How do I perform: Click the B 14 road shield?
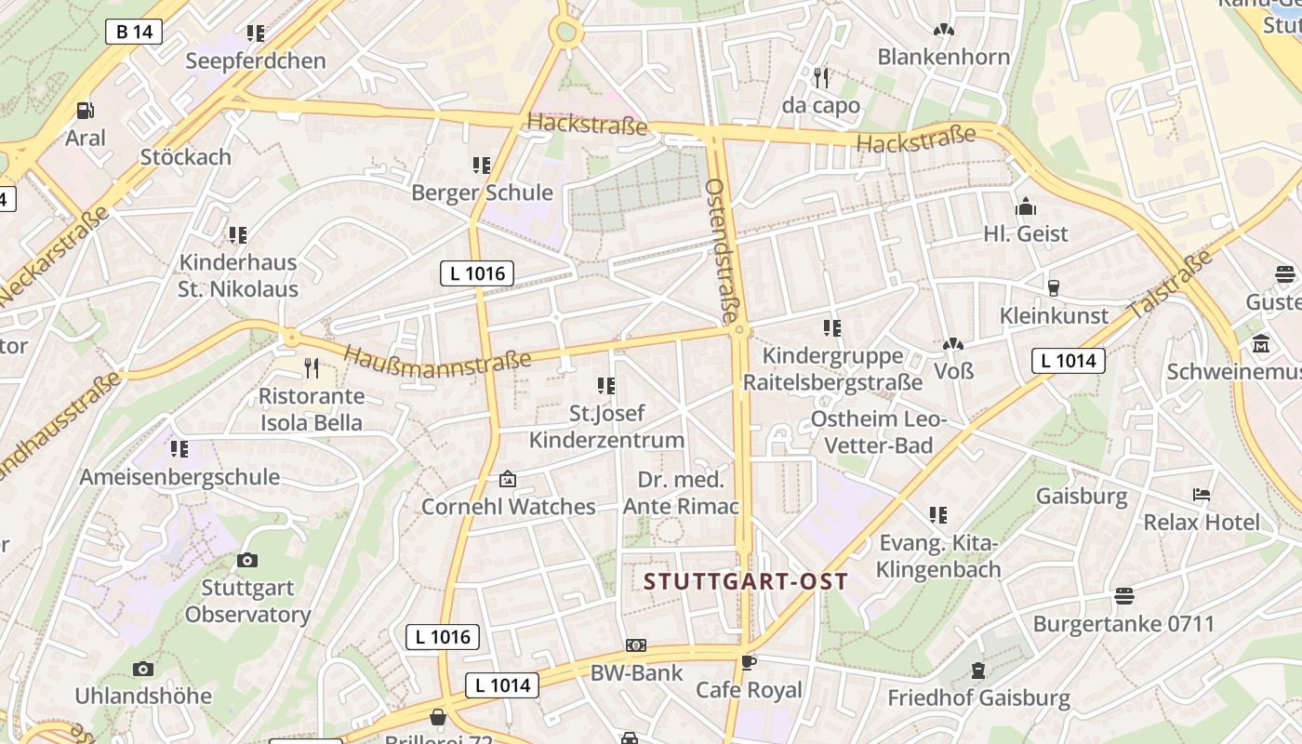[134, 32]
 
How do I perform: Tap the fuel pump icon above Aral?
[86, 111]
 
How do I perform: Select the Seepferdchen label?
[256, 61]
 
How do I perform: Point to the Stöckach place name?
[186, 156]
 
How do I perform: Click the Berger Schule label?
[482, 193]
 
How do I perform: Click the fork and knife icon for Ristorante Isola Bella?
[312, 368]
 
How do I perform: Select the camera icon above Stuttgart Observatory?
[247, 560]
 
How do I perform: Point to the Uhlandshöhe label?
[143, 696]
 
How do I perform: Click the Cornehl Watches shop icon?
[508, 480]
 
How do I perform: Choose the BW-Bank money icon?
[636, 645]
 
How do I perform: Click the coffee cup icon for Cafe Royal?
[749, 662]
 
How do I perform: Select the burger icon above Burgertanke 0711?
[1124, 595]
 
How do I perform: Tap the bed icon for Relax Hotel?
[1202, 495]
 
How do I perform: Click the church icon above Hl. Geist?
[1026, 206]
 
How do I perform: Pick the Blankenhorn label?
[943, 57]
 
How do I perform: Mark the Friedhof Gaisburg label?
[978, 697]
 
